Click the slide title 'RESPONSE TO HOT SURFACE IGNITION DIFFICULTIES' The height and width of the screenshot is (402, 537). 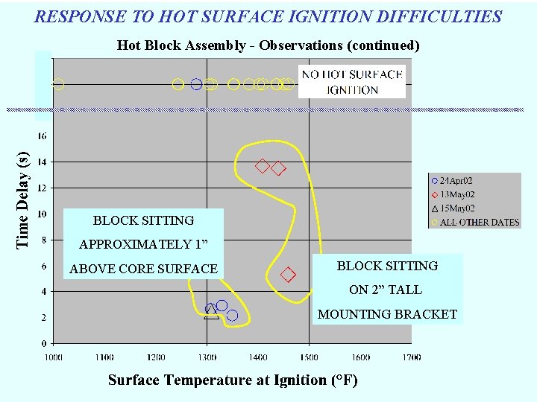click(x=268, y=16)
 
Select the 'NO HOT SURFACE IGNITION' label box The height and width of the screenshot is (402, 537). click(x=352, y=82)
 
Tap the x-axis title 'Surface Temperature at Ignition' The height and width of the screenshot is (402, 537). click(x=233, y=380)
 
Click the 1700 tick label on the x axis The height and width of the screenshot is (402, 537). click(x=411, y=358)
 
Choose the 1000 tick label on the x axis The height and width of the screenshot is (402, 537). click(x=54, y=358)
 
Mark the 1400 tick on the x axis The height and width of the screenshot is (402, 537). click(x=258, y=358)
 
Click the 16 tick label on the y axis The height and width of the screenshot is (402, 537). click(x=42, y=136)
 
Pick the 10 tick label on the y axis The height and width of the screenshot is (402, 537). click(x=42, y=214)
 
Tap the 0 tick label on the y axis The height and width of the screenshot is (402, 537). click(x=44, y=344)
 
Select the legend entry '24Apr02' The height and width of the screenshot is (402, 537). click(x=456, y=181)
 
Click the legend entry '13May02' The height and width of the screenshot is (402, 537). click(x=456, y=194)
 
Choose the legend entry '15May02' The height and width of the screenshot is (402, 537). click(x=456, y=208)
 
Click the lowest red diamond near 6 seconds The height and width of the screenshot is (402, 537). click(x=288, y=275)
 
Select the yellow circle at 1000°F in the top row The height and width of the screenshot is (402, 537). click(x=58, y=84)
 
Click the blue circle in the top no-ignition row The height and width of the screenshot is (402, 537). click(x=196, y=84)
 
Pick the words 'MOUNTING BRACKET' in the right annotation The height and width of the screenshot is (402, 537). click(x=387, y=314)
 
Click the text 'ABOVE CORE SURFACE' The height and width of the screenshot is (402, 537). click(x=143, y=269)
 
